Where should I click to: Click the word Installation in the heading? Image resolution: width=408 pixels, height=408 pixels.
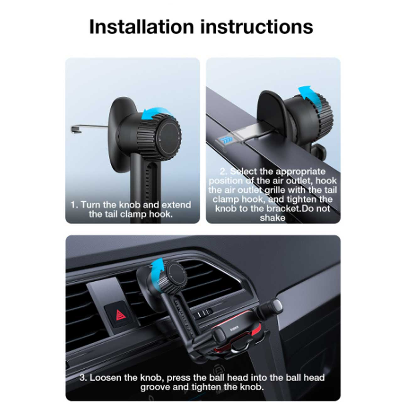coord(142,27)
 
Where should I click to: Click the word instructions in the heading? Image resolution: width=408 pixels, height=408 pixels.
coord(257,27)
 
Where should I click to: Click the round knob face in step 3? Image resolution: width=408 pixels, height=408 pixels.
coord(177,274)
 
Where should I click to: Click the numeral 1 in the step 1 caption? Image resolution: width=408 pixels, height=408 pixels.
coord(73,205)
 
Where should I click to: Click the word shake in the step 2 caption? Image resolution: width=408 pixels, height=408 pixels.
coord(272,218)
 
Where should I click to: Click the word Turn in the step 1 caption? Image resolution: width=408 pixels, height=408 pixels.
coord(90,205)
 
